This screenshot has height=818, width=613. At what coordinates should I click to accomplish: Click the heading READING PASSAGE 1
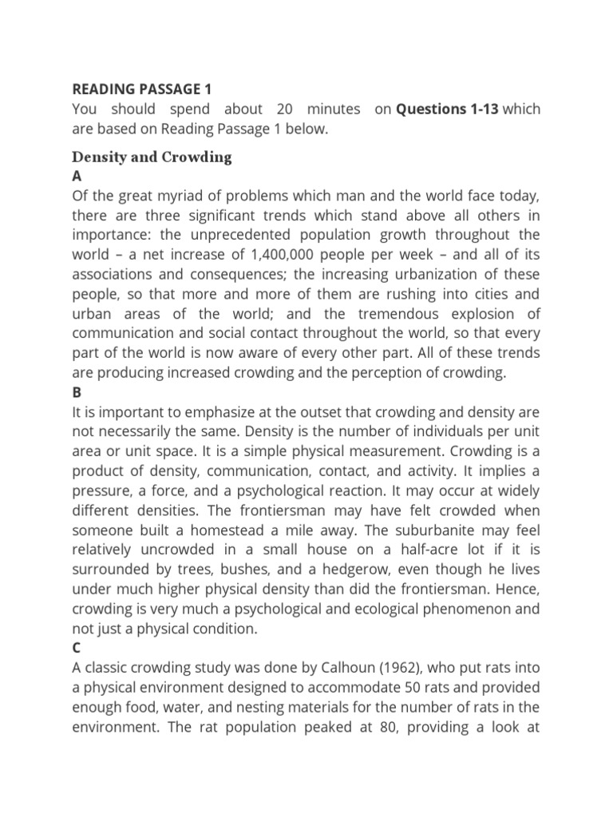pyautogui.click(x=141, y=89)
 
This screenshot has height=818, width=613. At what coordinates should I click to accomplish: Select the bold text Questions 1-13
pyautogui.click(x=448, y=109)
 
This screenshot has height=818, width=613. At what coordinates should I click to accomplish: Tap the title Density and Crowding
pyautogui.click(x=152, y=157)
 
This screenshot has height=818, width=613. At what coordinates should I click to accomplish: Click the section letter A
pyautogui.click(x=77, y=176)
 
